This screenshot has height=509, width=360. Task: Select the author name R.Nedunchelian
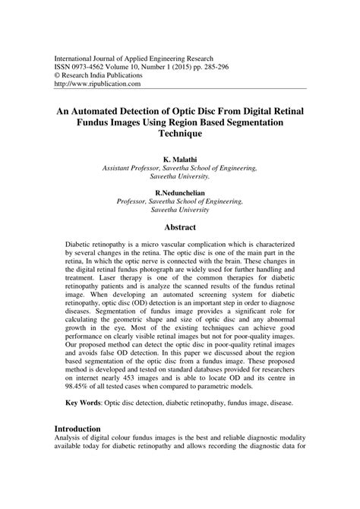[180, 194]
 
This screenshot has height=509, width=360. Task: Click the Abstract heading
[180, 227]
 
